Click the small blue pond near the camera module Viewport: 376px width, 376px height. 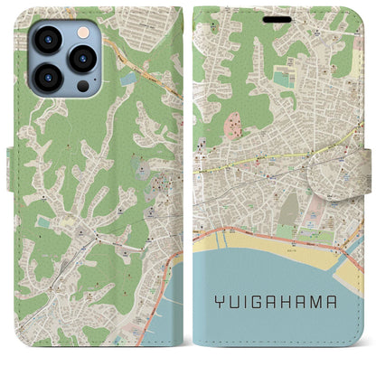tap(127, 80)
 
